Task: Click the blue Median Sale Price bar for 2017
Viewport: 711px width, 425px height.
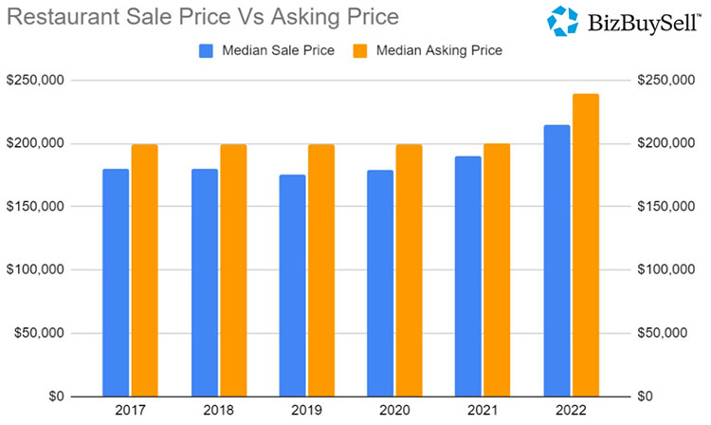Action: coord(116,283)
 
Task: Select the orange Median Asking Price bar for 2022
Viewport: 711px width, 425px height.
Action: coord(586,245)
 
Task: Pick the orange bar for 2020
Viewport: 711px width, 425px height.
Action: coord(410,270)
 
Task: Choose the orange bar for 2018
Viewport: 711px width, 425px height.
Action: coord(233,270)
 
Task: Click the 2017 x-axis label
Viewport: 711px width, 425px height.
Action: coord(130,412)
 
